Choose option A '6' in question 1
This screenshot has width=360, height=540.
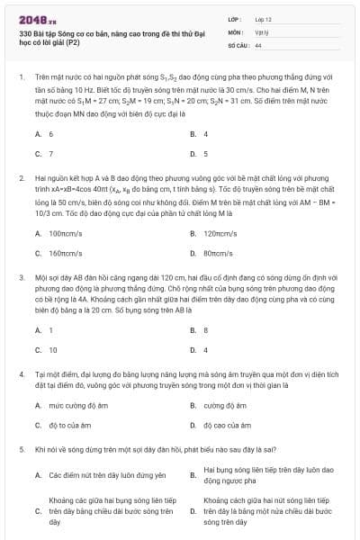point(50,133)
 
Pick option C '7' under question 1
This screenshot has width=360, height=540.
point(50,154)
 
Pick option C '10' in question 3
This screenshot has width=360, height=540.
point(52,349)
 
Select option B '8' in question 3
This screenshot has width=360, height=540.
point(206,329)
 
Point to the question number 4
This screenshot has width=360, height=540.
point(21,373)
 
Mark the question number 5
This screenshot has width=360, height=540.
point(21,447)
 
